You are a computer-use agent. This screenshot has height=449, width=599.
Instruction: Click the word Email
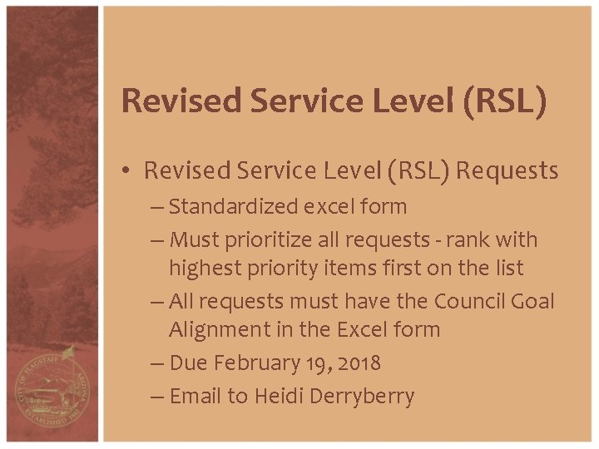click(196, 397)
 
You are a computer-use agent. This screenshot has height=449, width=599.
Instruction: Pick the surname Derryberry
click(362, 397)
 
